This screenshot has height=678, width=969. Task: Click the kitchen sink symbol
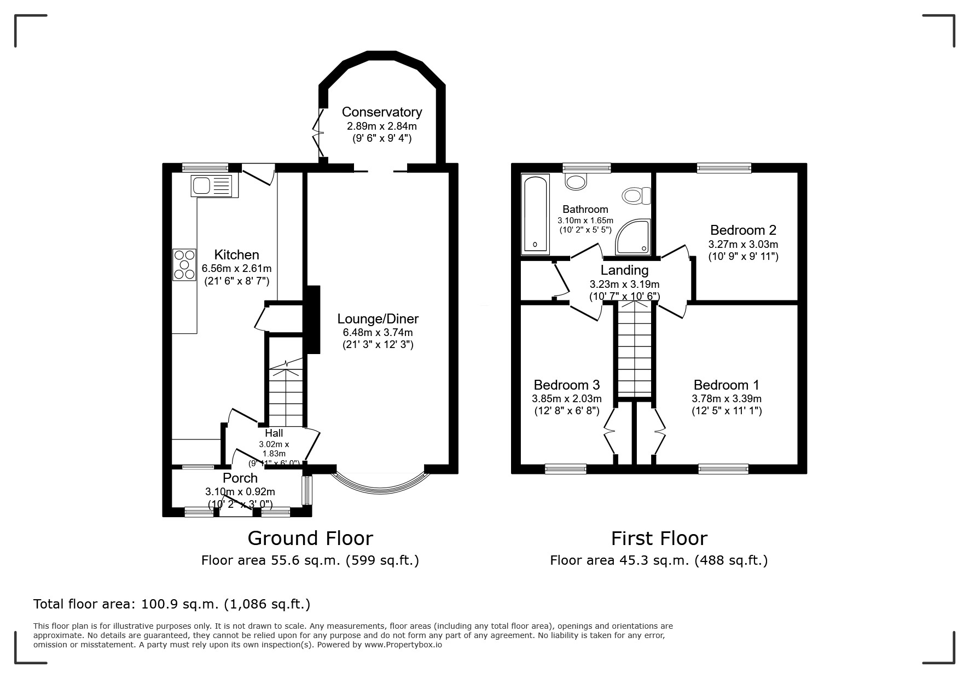coord(211,186)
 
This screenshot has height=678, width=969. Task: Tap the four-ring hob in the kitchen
coord(184,265)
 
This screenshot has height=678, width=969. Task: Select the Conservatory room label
coord(381,112)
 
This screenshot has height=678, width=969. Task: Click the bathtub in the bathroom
coord(535,214)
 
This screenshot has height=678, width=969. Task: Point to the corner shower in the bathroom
coord(634,239)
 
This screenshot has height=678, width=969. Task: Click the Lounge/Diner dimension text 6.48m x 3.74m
coord(378,332)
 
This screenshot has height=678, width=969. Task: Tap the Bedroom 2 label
coord(742,230)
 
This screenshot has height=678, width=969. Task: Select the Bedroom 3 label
coord(566,385)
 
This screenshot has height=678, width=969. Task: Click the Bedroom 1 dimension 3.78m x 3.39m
coord(726,399)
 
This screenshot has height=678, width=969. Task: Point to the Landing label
coord(624,270)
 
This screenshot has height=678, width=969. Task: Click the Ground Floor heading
coord(310,538)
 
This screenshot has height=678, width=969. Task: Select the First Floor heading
coord(659,538)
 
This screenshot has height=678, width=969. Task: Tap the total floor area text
coord(172,605)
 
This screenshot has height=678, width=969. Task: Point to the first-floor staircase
coord(635,350)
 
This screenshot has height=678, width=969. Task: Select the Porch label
coord(240,478)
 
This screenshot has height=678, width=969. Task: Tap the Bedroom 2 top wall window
coord(724,168)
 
